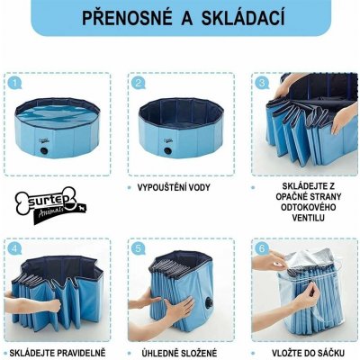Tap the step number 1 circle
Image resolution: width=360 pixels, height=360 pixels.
point(14,83)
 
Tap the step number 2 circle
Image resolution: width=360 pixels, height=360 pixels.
point(138,83)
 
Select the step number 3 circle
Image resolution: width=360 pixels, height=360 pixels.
point(261,83)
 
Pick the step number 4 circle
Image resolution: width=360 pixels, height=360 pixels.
point(14,246)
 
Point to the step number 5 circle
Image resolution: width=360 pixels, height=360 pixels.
point(138,246)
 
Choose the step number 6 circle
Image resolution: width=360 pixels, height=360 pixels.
point(261,246)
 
